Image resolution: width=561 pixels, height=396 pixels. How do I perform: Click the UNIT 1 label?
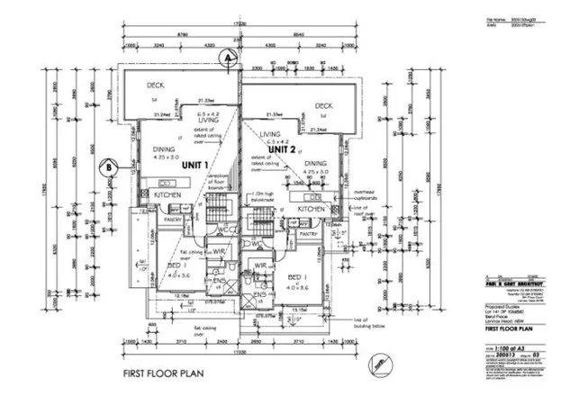(x=195, y=165)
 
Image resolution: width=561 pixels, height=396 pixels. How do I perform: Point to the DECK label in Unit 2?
(x=324, y=105)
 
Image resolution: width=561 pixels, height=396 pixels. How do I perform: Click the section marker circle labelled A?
(x=230, y=56)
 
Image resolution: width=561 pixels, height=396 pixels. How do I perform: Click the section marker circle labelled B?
(x=106, y=166)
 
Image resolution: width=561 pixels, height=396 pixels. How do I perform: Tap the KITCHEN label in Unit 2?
(x=311, y=209)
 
